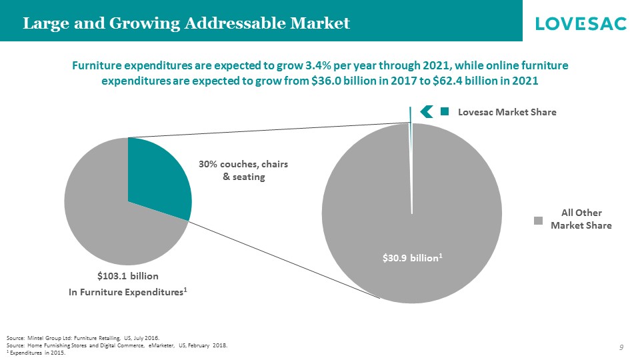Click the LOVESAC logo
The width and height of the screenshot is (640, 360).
coord(581,24)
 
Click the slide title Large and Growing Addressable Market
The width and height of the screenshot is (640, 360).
coord(187,24)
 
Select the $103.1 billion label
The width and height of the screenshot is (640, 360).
coord(128,275)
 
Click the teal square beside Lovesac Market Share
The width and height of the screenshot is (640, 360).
coord(445,112)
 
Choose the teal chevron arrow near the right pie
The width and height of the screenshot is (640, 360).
coord(427,112)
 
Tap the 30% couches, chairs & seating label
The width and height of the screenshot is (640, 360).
coord(244,170)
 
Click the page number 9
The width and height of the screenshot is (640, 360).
coord(621,347)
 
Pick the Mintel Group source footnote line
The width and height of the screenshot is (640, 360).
coord(83,338)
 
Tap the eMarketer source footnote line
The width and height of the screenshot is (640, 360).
coord(116,345)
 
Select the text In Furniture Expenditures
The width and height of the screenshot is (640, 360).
coord(127,293)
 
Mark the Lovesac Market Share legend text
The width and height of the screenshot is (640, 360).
coord(507,113)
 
